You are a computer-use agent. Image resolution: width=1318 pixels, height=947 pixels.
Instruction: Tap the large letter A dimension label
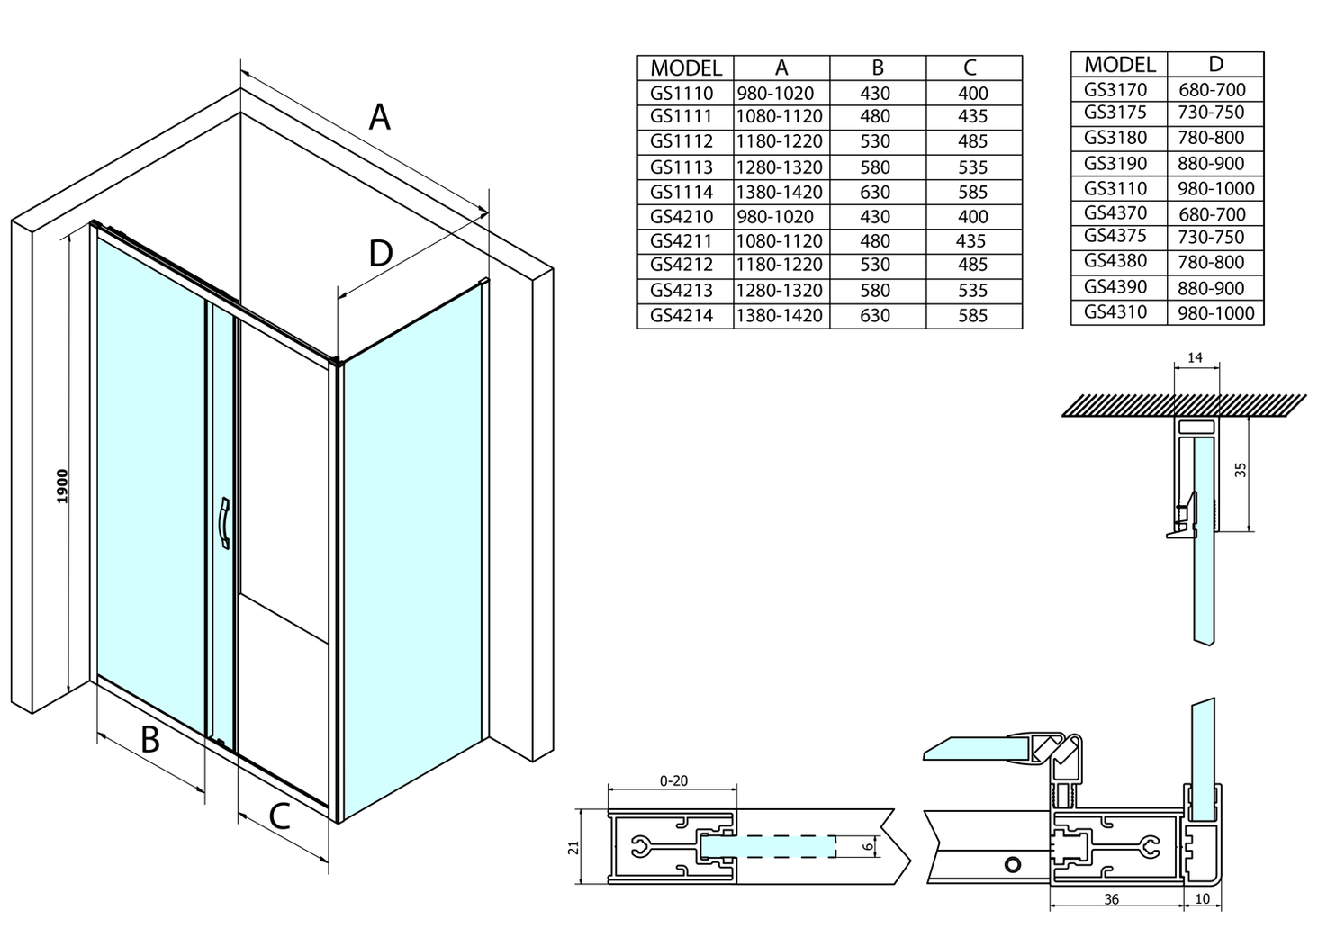click(x=380, y=117)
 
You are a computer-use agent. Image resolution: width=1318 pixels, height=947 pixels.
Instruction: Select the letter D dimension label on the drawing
click(x=381, y=253)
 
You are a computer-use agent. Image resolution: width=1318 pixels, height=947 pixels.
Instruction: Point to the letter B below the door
click(x=150, y=740)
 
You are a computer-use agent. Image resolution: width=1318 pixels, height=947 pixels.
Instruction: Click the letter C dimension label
click(x=280, y=816)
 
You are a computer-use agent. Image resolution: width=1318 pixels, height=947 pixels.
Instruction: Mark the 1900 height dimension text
click(x=62, y=486)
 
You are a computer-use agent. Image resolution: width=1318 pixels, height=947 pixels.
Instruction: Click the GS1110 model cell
click(x=682, y=93)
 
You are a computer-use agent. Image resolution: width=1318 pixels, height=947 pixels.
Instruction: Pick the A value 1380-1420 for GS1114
click(x=780, y=192)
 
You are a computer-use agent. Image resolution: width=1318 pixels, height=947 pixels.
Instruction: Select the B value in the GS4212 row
click(x=875, y=265)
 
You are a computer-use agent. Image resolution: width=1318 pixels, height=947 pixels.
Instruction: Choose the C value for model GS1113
click(x=973, y=167)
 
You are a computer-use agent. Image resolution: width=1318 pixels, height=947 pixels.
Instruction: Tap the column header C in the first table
click(x=970, y=68)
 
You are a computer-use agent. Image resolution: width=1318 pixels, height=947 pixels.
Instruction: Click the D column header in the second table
click(x=1216, y=64)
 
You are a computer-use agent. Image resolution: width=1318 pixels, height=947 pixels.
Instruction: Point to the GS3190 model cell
click(x=1115, y=163)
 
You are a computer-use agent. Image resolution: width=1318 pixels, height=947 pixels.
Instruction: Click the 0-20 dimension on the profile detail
click(x=673, y=780)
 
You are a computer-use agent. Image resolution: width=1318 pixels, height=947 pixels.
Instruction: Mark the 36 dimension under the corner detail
click(x=1111, y=899)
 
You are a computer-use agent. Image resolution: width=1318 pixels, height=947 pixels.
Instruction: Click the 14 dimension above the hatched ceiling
click(x=1195, y=358)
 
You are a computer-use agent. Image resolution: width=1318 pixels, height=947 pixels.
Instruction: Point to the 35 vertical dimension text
click(x=1241, y=469)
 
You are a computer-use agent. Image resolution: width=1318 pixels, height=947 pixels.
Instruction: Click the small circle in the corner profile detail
click(x=1013, y=864)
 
